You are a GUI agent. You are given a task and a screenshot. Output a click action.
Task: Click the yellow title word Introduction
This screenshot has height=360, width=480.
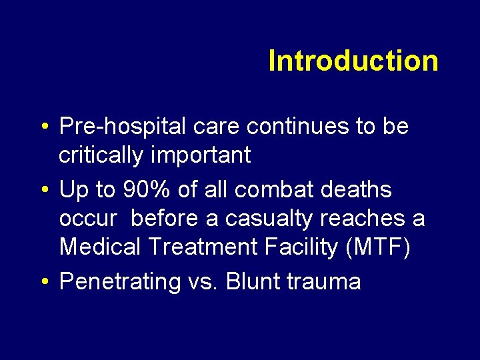pyautogui.click(x=353, y=61)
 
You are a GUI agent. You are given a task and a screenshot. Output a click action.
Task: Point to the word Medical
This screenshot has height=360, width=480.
pyautogui.click(x=99, y=247)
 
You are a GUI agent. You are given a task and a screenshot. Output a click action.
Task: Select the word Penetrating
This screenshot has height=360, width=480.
pyautogui.click(x=120, y=282)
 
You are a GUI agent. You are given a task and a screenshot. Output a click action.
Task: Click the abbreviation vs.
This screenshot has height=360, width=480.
pyautogui.click(x=203, y=282)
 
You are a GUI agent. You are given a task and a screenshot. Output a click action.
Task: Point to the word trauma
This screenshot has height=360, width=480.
pyautogui.click(x=324, y=282)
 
